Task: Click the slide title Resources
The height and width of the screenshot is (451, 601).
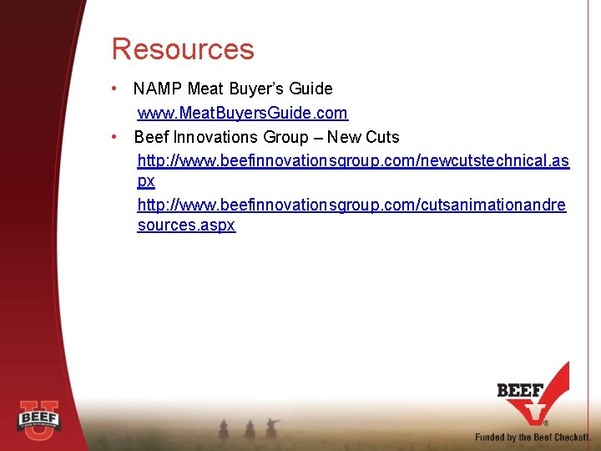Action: pos(183,49)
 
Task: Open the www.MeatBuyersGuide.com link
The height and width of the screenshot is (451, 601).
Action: pos(242,113)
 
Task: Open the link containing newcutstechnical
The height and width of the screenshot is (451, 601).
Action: pos(353,160)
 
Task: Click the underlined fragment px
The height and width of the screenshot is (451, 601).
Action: pos(146,181)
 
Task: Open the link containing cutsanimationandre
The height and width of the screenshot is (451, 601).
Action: pos(351,205)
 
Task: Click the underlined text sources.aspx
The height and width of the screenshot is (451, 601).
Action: pos(186,225)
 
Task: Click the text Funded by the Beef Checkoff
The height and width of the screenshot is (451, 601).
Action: pos(533,437)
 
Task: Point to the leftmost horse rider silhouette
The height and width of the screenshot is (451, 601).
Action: pos(224,428)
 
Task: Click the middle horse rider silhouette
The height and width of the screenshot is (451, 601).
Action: pos(249,428)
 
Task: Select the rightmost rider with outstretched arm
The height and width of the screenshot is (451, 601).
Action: pos(271,428)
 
